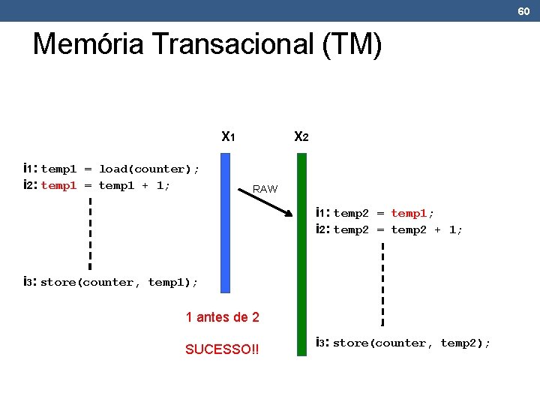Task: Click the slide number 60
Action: (523, 10)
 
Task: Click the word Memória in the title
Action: (88, 44)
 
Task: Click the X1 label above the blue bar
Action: (229, 137)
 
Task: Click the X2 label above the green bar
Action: (301, 137)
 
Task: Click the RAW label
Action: (265, 189)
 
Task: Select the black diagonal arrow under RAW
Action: (266, 202)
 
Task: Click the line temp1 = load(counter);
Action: (120, 169)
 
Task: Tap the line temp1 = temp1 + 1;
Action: (106, 185)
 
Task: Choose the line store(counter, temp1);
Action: (118, 282)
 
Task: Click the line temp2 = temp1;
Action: (383, 214)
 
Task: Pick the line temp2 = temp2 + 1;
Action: (397, 230)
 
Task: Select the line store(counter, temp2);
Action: (411, 343)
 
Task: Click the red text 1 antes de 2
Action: (222, 317)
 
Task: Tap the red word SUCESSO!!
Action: (222, 349)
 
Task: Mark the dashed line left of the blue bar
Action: (90, 232)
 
